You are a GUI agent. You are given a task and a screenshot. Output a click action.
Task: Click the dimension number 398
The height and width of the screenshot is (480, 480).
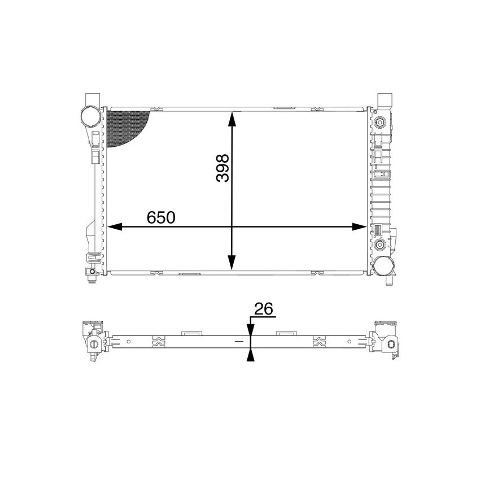point(222,168)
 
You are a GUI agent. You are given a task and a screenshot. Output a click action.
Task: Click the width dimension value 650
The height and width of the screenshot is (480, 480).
point(162,217)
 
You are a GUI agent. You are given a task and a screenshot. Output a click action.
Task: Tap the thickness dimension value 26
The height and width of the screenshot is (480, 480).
point(263,309)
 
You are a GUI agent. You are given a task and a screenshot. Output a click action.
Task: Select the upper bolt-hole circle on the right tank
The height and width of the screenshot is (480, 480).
point(380,122)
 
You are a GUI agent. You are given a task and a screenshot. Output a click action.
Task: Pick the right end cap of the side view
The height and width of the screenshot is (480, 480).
point(386,339)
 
